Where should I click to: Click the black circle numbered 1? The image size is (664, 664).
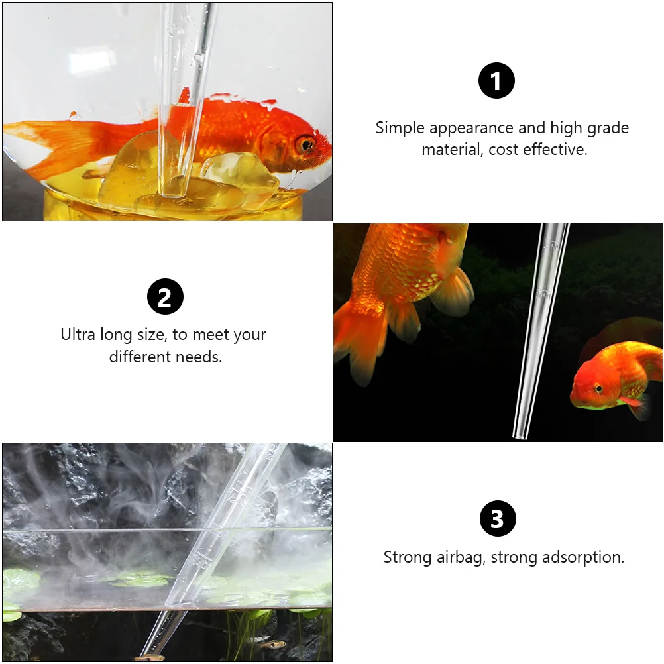pyautogui.click(x=496, y=80)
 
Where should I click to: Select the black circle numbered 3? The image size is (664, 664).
pyautogui.click(x=497, y=519)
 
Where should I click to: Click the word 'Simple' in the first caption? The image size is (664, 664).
pyautogui.click(x=400, y=128)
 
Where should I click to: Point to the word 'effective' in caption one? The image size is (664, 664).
pyautogui.click(x=554, y=150)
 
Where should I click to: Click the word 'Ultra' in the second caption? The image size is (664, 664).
pyautogui.click(x=78, y=335)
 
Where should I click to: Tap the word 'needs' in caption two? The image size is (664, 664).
pyautogui.click(x=199, y=357)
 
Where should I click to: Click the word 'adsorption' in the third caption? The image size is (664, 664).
pyautogui.click(x=582, y=557)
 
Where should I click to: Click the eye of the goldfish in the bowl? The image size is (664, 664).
pyautogui.click(x=305, y=142)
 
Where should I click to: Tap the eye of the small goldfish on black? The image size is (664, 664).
pyautogui.click(x=597, y=388)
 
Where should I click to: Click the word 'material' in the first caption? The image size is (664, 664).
pyautogui.click(x=451, y=150)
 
